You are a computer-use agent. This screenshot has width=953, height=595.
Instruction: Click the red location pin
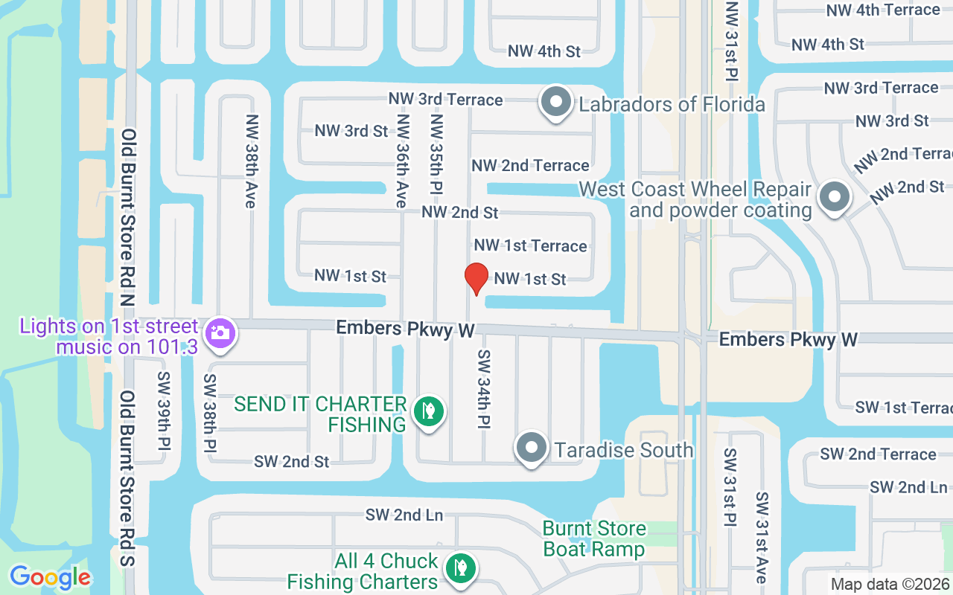click(476, 278)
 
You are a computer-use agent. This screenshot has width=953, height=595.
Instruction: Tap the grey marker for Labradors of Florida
click(555, 103)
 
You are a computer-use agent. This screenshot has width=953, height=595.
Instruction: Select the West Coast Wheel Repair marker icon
click(835, 198)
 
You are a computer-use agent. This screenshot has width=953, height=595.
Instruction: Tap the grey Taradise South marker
click(532, 448)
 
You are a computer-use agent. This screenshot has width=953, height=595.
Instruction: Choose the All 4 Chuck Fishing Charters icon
click(461, 569)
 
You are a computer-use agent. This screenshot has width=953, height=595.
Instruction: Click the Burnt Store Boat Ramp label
click(594, 538)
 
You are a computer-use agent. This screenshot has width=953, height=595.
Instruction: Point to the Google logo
click(50, 577)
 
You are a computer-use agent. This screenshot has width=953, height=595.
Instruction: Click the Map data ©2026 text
click(890, 584)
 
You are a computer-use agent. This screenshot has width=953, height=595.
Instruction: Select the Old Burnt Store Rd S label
click(128, 477)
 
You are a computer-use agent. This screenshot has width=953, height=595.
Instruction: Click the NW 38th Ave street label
click(251, 161)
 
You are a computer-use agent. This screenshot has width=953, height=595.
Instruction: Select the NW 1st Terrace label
click(530, 245)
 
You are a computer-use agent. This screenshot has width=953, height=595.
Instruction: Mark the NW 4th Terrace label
click(883, 10)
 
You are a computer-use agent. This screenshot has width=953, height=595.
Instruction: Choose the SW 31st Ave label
click(761, 537)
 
